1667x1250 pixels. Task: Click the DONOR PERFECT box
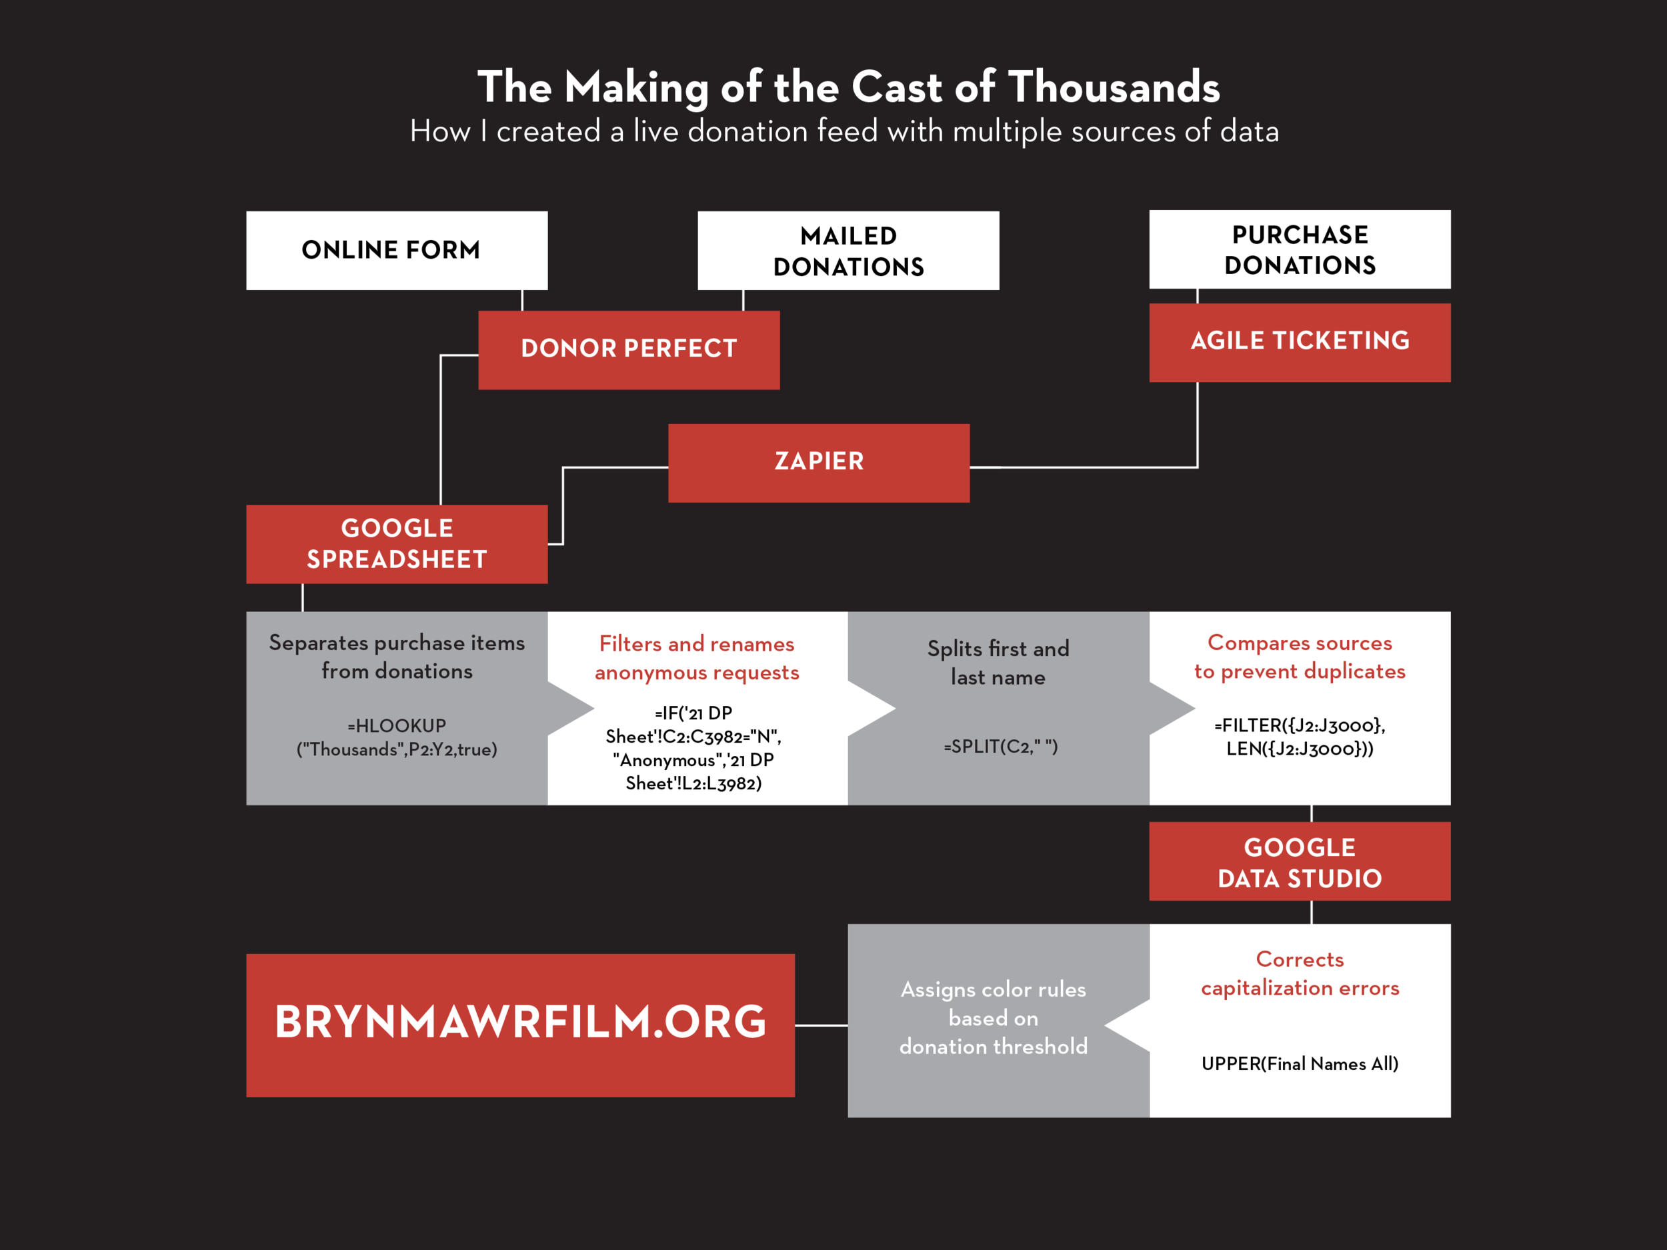(629, 349)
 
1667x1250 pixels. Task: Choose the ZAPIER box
(818, 463)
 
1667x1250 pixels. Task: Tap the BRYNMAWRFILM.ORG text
(520, 1023)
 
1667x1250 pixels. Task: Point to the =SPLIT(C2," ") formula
(1001, 747)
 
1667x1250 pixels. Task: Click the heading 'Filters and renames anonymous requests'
(696, 658)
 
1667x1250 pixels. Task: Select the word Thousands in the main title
(1114, 87)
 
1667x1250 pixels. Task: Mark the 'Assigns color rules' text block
(994, 1017)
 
